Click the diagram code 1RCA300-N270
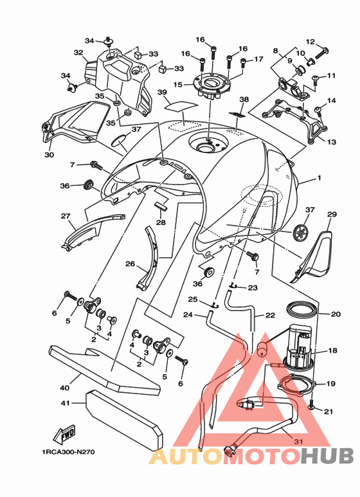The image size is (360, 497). tap(68, 452)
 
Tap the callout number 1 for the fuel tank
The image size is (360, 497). tap(319, 178)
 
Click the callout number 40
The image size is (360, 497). tap(64, 387)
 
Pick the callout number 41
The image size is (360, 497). tap(65, 403)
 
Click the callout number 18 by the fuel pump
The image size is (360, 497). tap(332, 350)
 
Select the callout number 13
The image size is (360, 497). tap(332, 141)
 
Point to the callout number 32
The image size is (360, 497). tap(78, 53)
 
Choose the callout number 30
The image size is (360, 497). tap(49, 155)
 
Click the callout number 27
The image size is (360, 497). tap(66, 216)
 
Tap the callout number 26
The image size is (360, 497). tap(130, 264)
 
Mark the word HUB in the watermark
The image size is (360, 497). tap(327, 456)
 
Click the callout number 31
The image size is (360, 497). tap(298, 441)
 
